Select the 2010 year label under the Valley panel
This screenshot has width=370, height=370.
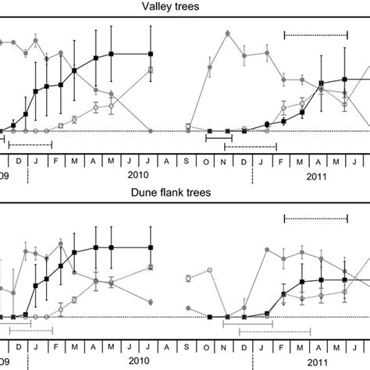pos(138,175)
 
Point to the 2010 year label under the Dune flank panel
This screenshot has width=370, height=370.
pos(138,361)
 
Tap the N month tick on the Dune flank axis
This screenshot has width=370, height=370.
pos(226,346)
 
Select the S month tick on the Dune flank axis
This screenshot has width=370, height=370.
pos(188,346)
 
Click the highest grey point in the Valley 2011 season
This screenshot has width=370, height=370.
pos(226,33)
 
